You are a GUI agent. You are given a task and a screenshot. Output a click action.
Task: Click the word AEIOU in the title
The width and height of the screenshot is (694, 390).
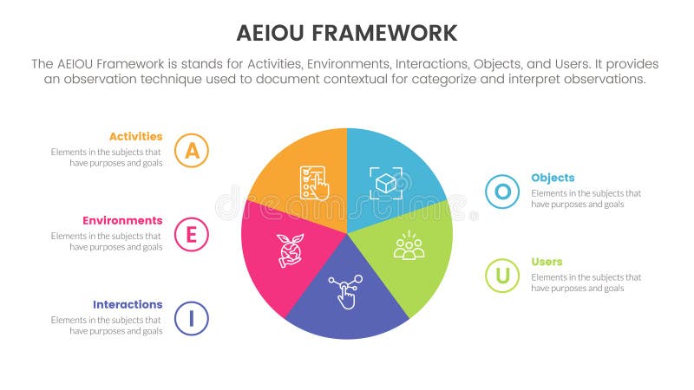point(271,34)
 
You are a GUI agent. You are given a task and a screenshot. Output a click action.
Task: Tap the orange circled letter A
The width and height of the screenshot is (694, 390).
point(191,150)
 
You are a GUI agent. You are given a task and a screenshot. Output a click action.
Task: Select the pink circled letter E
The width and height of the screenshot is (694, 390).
point(191,234)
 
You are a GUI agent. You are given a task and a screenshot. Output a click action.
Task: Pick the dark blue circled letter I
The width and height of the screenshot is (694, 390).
point(191,318)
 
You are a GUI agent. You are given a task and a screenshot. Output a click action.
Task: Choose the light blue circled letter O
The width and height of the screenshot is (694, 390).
point(502,192)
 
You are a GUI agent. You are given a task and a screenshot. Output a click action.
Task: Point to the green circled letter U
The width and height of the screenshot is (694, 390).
point(502,276)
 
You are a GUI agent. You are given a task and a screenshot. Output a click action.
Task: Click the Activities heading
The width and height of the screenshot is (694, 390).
point(135,136)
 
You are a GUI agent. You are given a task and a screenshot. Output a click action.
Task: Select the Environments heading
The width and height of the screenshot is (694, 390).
point(122,220)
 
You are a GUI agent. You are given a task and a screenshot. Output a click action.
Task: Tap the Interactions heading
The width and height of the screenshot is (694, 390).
point(128,304)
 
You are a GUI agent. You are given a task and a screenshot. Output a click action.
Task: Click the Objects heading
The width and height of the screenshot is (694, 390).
point(553,178)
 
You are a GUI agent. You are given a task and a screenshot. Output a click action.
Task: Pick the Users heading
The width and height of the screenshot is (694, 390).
point(547,262)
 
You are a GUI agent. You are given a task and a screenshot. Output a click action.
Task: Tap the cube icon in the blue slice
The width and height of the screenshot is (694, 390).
point(385,182)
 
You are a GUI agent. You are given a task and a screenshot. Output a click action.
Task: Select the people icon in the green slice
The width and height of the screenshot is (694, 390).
point(409,246)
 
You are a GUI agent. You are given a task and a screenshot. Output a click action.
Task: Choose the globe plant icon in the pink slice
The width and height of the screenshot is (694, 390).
point(288,250)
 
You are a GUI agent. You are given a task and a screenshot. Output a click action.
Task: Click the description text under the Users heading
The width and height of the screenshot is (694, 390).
point(586,283)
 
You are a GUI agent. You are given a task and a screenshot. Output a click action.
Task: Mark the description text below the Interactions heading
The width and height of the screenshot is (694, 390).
point(107,325)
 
